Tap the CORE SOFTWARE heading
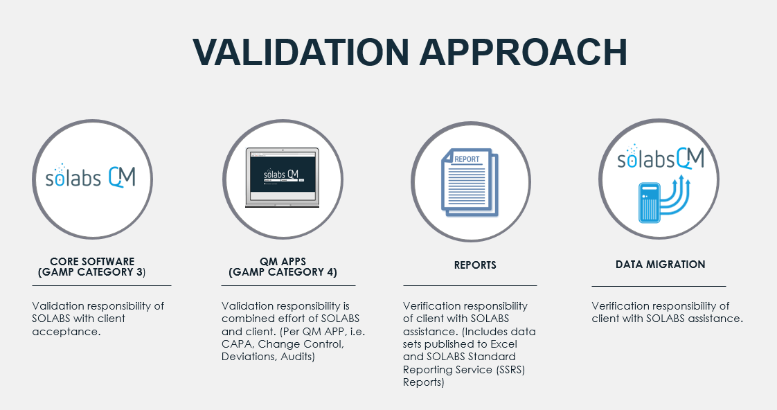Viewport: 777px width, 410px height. [92, 261]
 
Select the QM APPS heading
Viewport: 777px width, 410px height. [283, 261]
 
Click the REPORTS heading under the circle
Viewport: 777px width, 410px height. [475, 265]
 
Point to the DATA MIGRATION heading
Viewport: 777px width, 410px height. [660, 265]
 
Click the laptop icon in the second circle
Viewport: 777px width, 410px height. [283, 177]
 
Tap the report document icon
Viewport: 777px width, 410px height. [470, 182]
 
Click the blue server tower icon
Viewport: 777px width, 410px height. [650, 203]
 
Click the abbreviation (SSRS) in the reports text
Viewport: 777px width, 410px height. [508, 369]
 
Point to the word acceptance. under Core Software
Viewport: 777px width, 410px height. [66, 332]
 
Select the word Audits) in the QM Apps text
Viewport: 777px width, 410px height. [298, 357]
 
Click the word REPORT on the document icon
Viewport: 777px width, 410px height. [467, 159]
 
